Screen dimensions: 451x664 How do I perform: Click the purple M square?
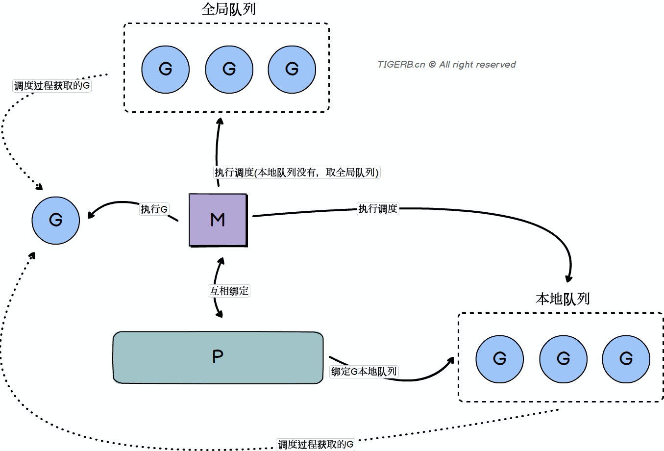218,220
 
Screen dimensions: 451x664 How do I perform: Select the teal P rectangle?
218,357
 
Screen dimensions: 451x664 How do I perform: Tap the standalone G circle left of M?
56,220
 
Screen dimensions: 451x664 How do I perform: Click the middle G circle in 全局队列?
229,69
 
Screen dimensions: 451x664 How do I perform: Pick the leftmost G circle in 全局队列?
166,69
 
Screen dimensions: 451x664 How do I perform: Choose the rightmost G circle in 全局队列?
292,69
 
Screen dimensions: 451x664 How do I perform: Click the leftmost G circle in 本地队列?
499,359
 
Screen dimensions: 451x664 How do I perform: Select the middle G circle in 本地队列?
563,359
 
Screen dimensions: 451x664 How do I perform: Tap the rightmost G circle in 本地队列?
626,359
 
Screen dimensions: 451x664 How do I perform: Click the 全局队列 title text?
228,9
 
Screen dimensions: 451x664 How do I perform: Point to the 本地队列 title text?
562,299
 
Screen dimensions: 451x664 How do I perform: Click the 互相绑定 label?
229,291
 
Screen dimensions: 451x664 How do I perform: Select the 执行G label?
154,209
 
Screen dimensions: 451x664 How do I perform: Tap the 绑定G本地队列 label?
364,372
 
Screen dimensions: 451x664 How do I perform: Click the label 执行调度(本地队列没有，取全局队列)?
297,173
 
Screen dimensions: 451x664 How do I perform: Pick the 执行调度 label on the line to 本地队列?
377,209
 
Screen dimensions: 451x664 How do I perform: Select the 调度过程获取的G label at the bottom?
316,445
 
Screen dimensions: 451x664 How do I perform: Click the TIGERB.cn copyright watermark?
446,64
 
